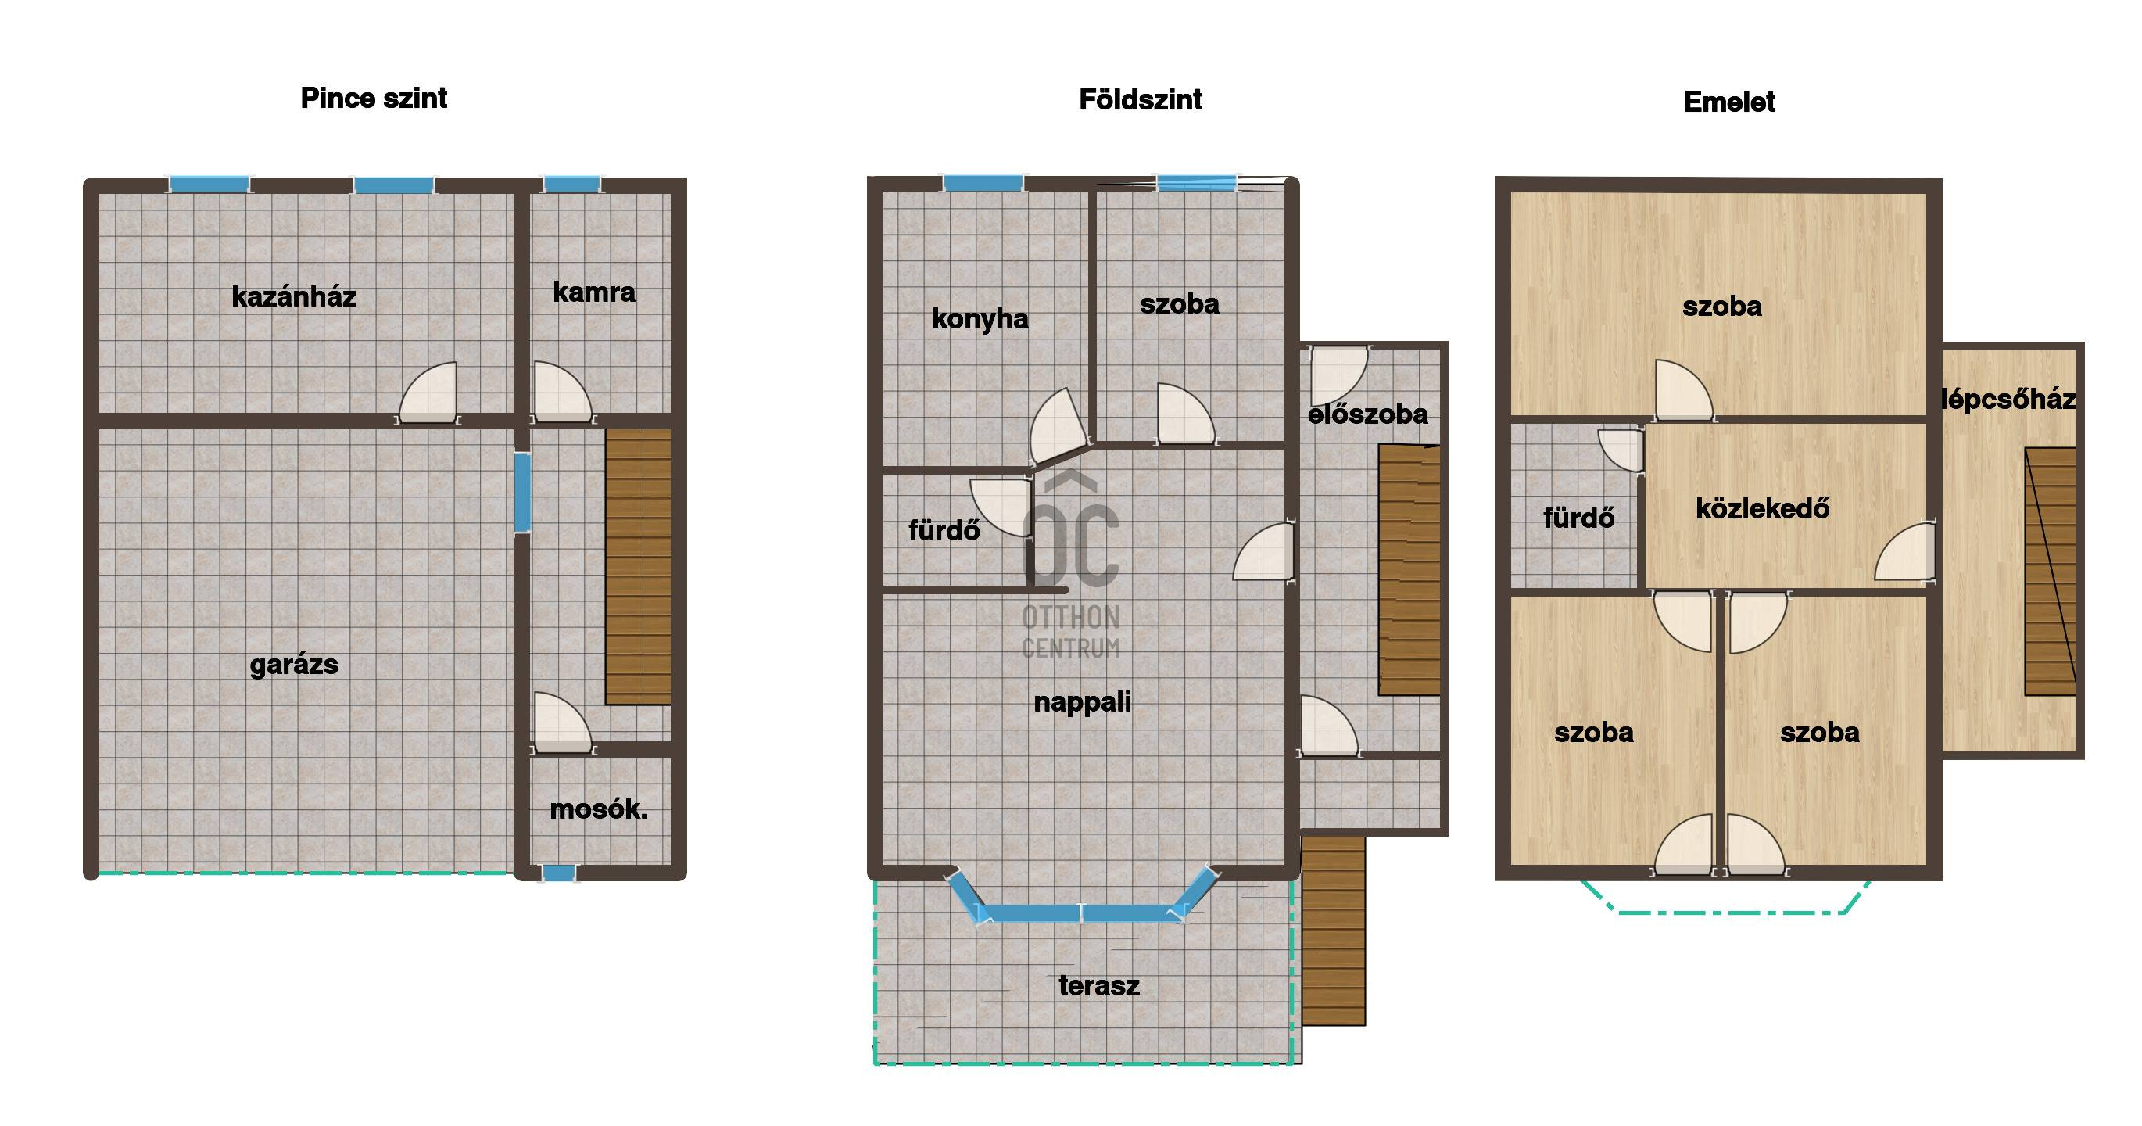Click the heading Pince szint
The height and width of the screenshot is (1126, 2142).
[x=374, y=98]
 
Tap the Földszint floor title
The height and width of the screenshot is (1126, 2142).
[x=1140, y=100]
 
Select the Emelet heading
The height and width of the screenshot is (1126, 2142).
[x=1728, y=102]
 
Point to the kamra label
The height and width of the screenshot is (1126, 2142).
[x=593, y=292]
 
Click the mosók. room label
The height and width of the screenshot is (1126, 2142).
[x=599, y=809]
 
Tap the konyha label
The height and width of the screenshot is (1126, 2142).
[x=980, y=318]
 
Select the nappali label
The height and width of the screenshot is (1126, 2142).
[x=1082, y=703]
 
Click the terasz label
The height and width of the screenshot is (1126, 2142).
[x=1098, y=986]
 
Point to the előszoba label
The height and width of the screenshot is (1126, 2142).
[x=1368, y=414]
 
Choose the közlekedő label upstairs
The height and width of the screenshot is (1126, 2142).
[x=1762, y=508]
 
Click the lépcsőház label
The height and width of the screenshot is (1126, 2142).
[x=2008, y=400]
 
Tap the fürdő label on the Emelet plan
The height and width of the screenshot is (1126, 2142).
[x=1578, y=518]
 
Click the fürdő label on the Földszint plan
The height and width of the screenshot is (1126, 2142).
[x=944, y=531]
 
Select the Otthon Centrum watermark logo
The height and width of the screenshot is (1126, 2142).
[x=1071, y=565]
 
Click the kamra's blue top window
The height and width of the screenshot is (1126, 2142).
[x=572, y=184]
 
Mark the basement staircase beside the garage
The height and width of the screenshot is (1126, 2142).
[x=638, y=567]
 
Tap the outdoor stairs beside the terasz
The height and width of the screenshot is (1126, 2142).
[x=1333, y=930]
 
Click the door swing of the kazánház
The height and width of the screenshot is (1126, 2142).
[x=428, y=392]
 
